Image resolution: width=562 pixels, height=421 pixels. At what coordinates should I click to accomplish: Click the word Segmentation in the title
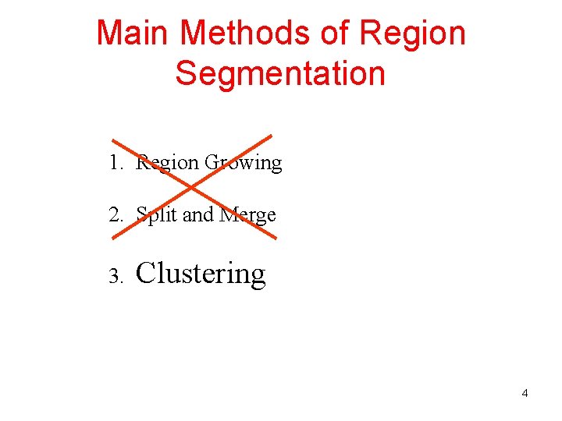280,73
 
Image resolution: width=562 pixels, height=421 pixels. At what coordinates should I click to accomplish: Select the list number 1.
115,163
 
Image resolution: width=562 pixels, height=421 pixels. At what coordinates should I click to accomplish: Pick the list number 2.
115,214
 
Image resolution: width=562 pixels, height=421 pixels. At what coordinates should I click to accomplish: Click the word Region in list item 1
168,163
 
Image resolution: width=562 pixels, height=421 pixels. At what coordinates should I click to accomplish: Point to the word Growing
243,163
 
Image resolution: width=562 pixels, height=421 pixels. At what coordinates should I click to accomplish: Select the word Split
156,214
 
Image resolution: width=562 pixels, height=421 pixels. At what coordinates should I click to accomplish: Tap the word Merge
247,214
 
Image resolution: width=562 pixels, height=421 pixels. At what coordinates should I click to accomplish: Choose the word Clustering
201,274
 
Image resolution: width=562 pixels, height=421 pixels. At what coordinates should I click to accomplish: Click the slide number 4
525,393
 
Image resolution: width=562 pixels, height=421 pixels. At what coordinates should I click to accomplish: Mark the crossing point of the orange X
191,187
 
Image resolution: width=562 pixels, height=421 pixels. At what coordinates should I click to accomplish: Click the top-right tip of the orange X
271,136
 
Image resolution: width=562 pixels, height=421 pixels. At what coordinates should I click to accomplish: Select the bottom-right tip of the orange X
275,238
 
